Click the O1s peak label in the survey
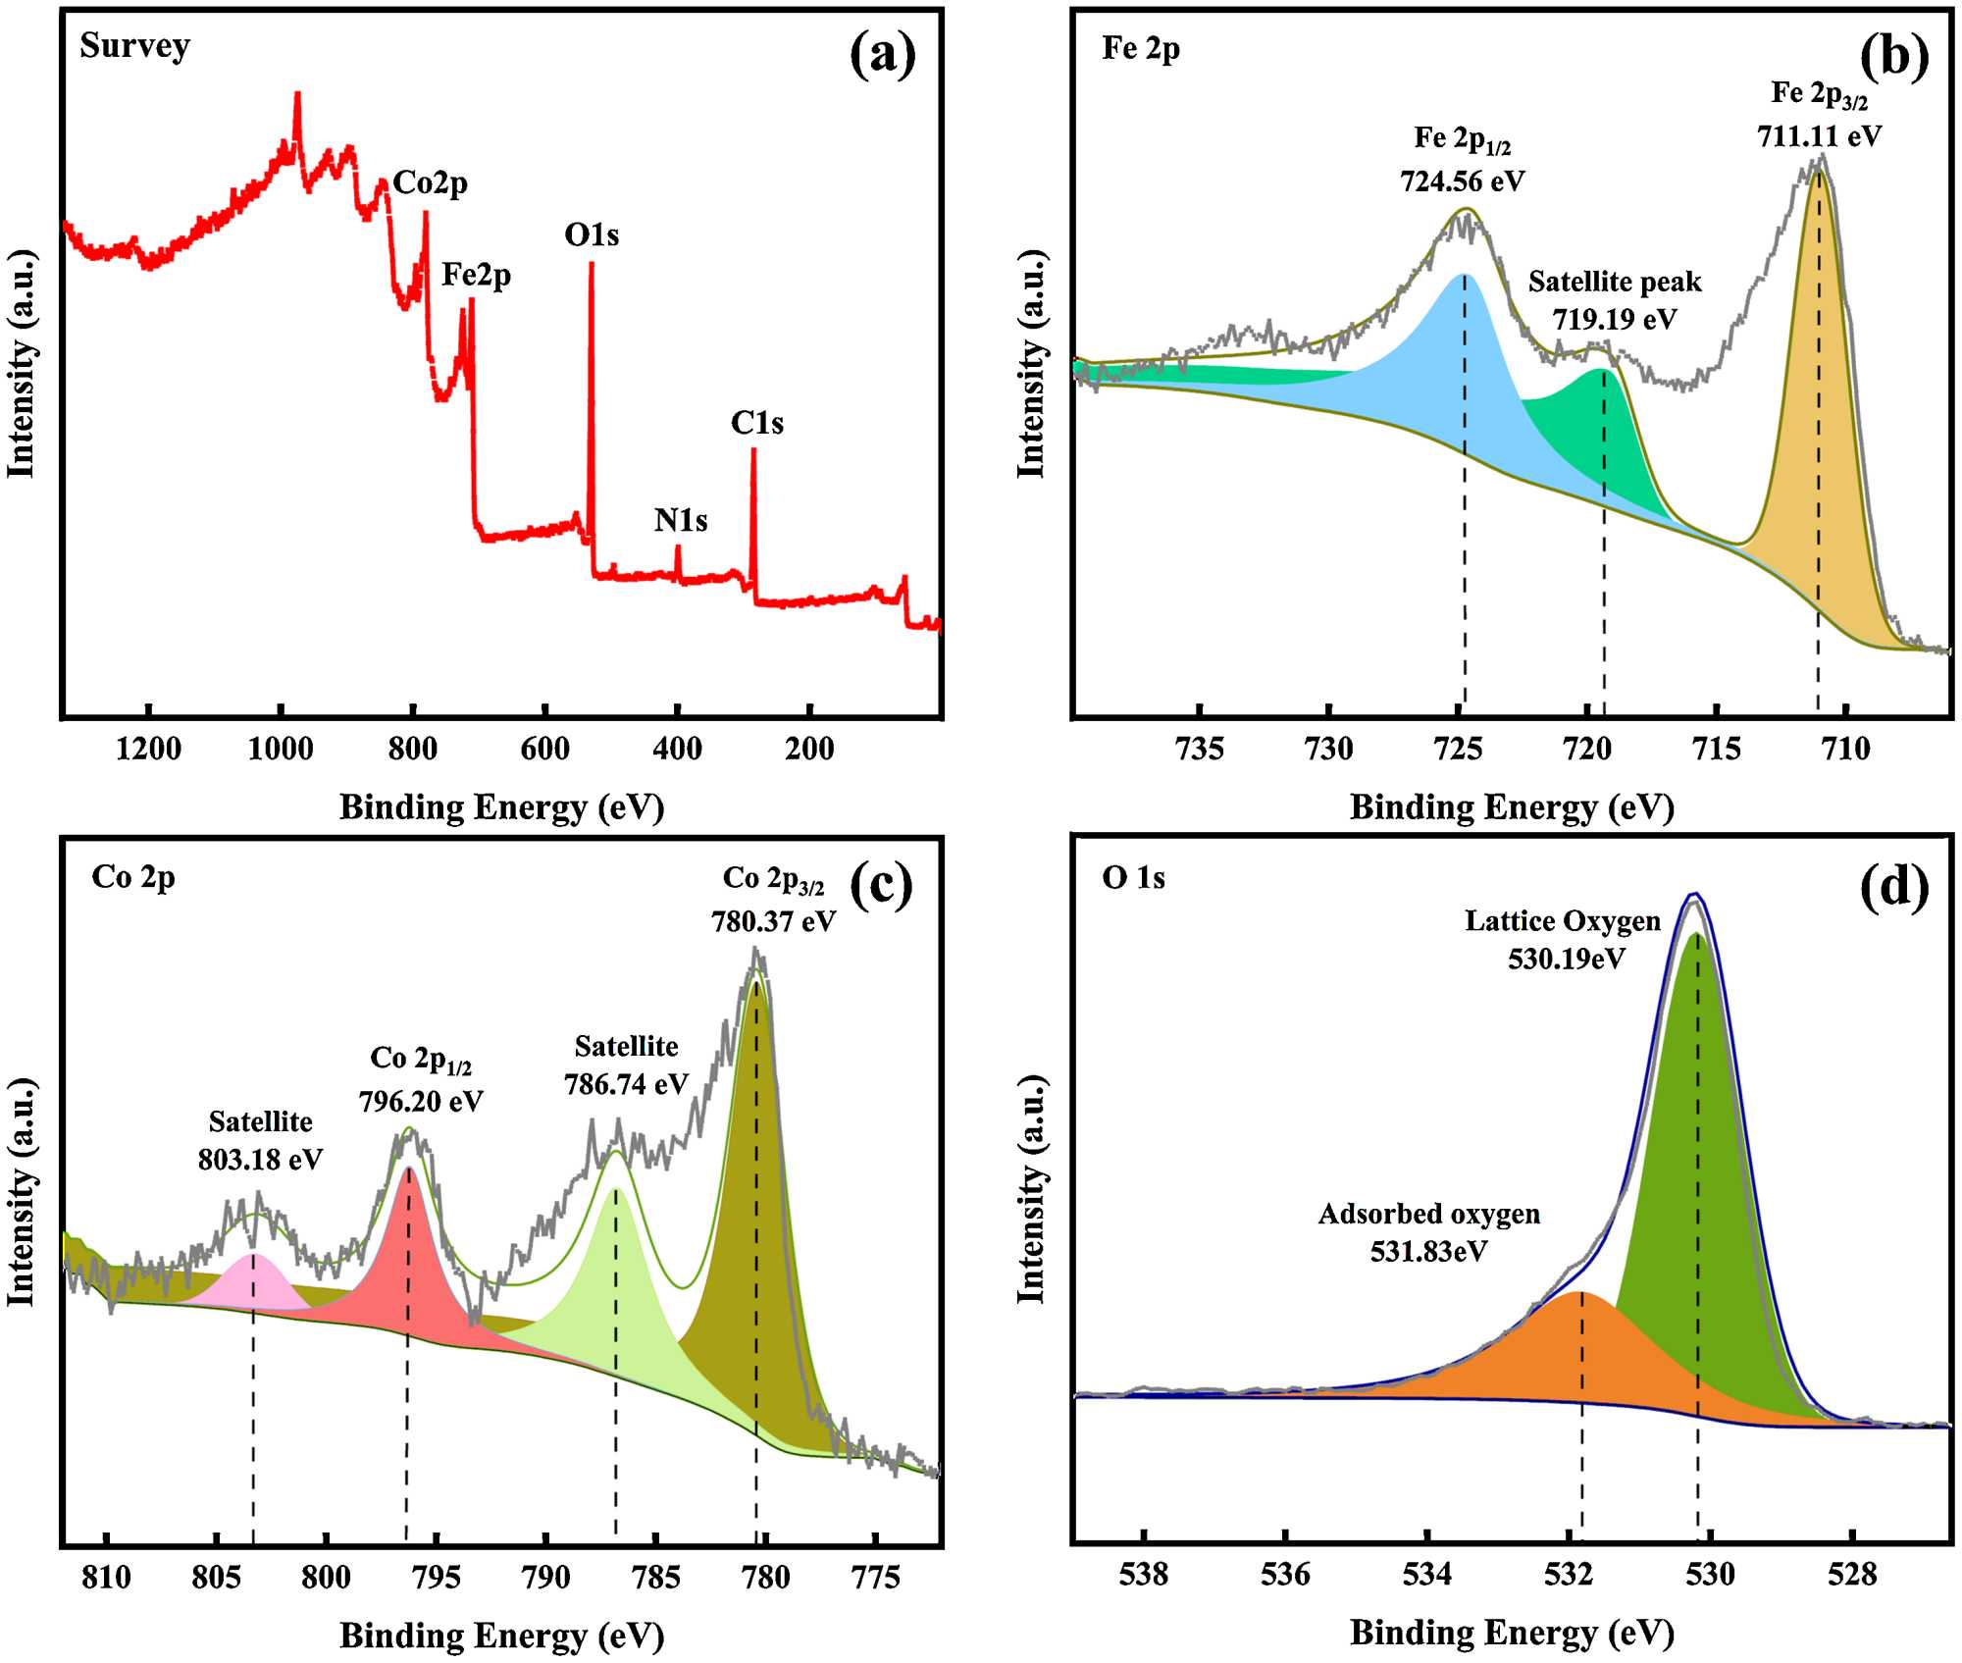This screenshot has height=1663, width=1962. coord(592,235)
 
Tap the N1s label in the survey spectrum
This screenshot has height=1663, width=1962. coord(681,520)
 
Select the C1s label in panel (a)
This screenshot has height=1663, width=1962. coord(756,423)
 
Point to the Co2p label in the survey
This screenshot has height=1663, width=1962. coord(430,182)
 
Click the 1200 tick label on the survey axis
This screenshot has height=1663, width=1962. coord(148,750)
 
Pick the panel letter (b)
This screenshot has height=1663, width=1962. coord(1893,56)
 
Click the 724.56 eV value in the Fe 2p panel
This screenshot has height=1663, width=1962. coord(1462,182)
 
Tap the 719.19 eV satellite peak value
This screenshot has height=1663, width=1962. coord(1614,319)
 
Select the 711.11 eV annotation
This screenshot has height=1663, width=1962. coord(1819,136)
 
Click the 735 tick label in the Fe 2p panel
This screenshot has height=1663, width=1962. coord(1200,750)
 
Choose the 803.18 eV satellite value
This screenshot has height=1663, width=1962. coord(260,1160)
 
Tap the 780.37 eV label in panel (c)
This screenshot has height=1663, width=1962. coord(773,921)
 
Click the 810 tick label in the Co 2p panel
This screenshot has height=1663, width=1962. coord(106,1578)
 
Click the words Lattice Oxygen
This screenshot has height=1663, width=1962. coord(1563,921)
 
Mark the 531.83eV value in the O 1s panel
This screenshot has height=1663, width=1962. coord(1428,1252)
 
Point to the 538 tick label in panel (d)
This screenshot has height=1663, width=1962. coord(1144,1576)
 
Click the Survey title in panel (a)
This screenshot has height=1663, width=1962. coord(134,46)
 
